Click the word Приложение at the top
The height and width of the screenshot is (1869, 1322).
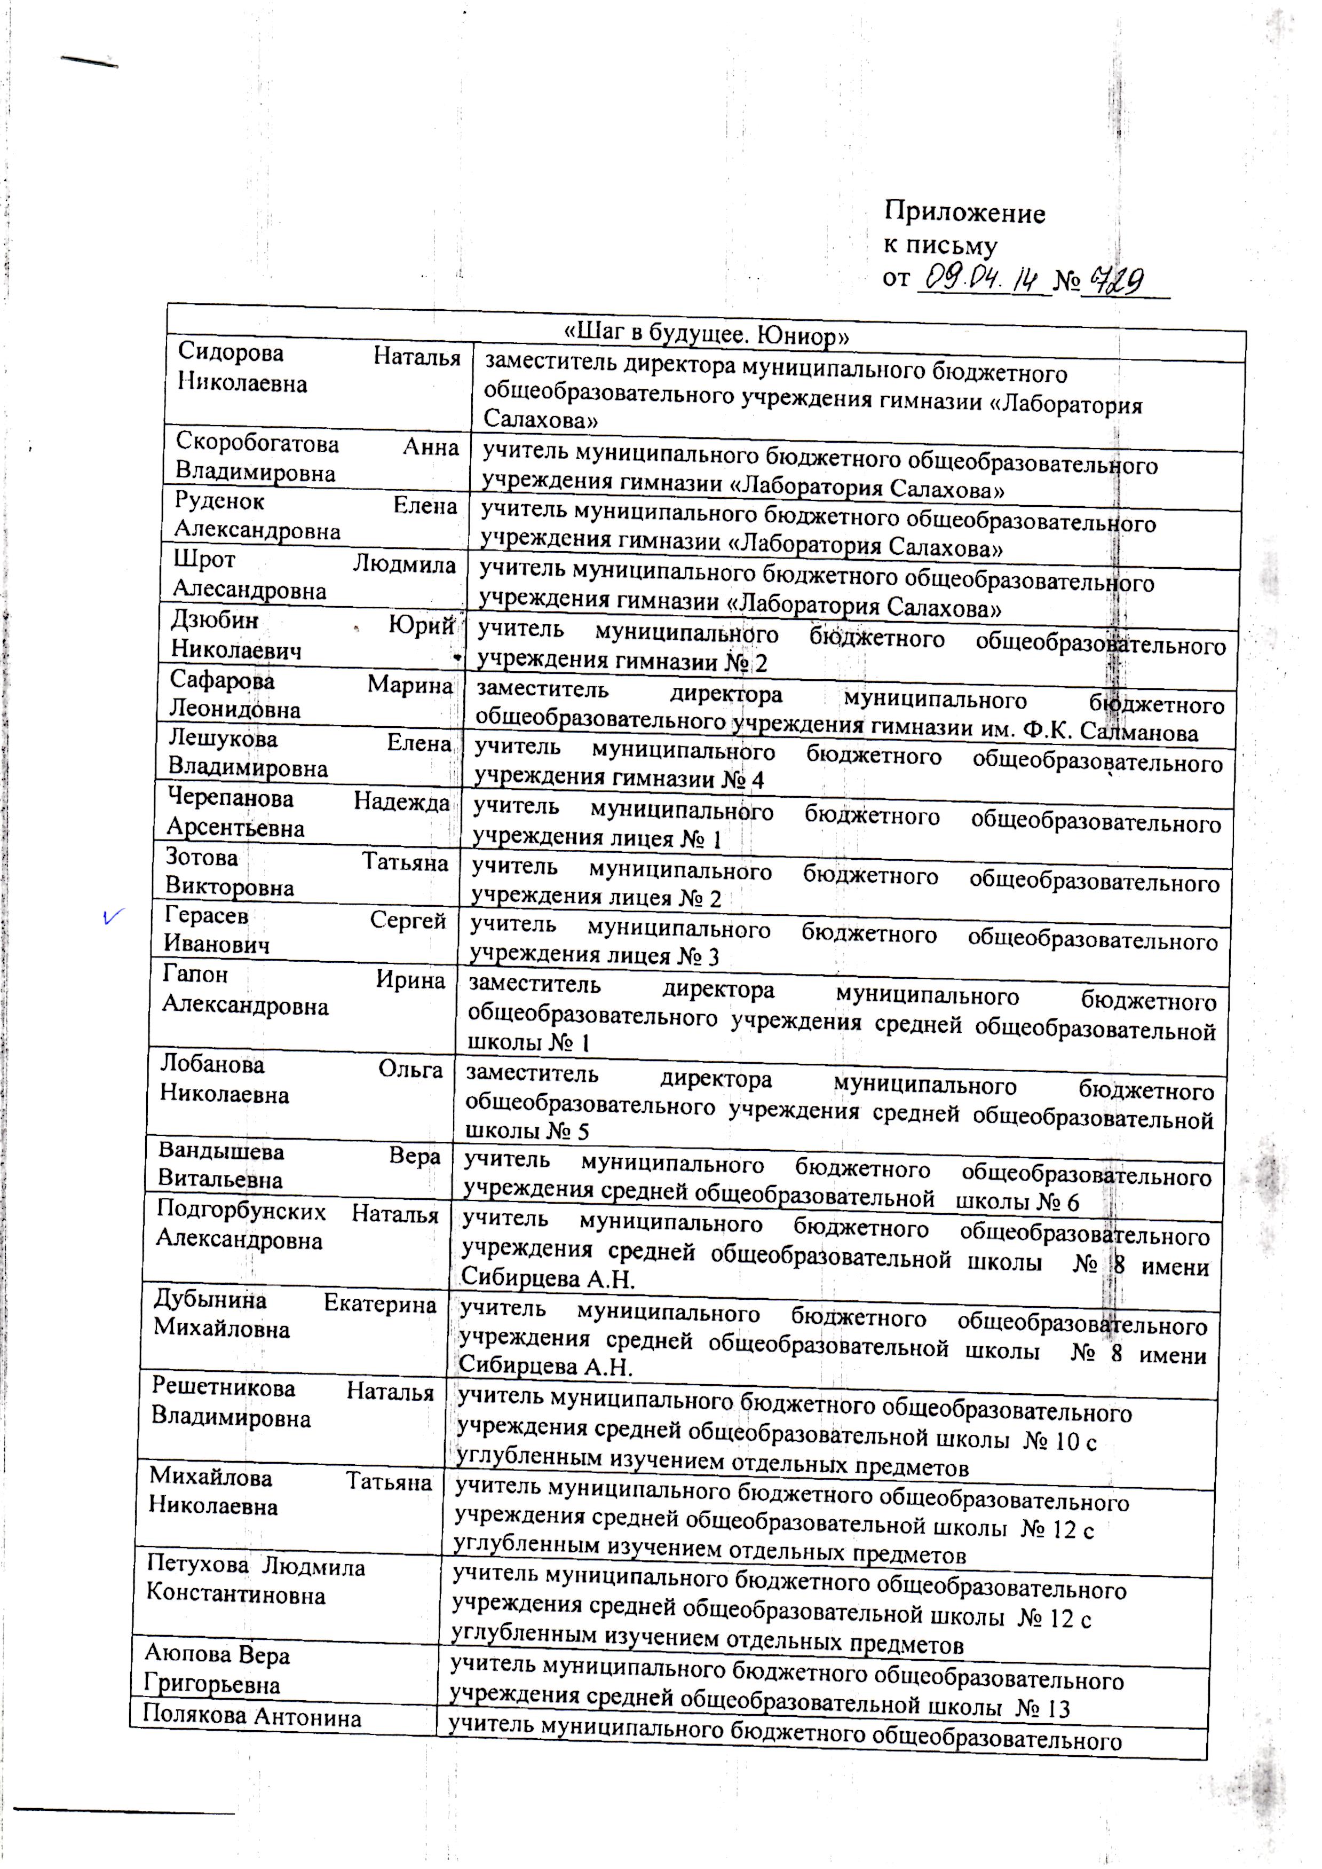coord(964,214)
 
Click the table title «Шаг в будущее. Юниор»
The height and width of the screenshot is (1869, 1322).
coord(707,334)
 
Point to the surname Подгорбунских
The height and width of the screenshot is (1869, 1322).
coord(241,1212)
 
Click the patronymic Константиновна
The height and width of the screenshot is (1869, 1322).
coord(236,1595)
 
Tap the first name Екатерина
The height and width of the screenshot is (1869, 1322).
coord(379,1305)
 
